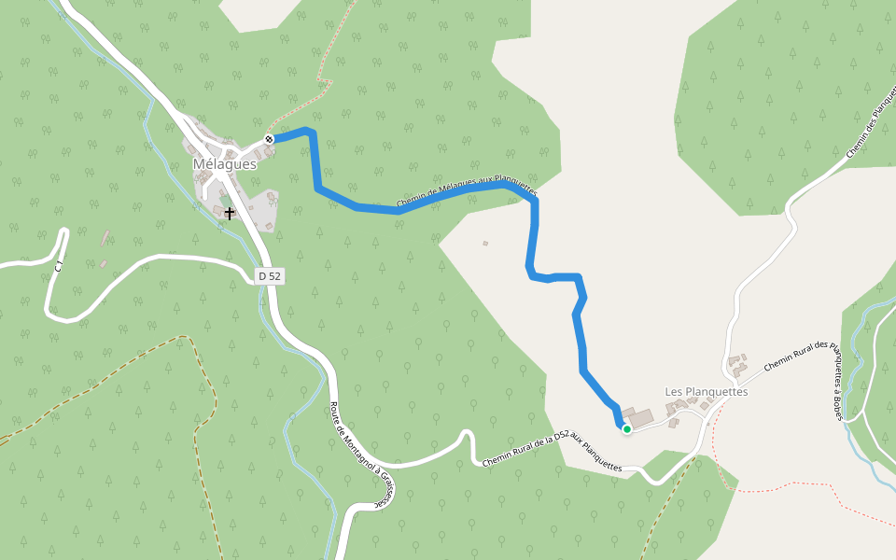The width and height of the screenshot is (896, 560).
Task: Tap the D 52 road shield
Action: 269,276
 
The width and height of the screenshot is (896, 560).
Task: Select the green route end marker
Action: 627,429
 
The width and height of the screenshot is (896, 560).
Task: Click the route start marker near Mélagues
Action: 269,139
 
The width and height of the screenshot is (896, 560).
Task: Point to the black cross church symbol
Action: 229,214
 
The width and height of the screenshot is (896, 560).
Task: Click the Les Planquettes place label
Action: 707,391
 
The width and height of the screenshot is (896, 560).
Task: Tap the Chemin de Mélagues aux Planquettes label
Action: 467,191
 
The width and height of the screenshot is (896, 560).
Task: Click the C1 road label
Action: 58,266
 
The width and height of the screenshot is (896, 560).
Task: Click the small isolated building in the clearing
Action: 485,244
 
